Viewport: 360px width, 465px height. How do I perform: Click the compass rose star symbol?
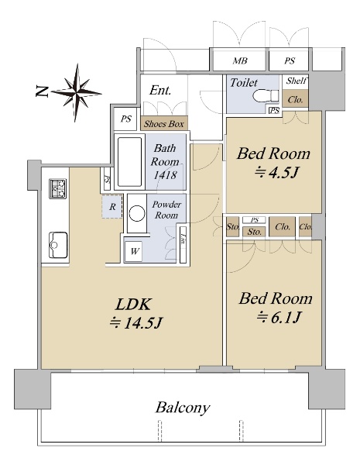77,92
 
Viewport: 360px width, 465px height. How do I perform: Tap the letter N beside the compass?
42,91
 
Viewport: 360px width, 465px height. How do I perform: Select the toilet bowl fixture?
266,96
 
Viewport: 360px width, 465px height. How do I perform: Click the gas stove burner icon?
58,188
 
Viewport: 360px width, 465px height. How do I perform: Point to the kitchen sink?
58,245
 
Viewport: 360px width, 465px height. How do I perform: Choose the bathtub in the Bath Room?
129,162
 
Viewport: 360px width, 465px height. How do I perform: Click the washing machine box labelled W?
134,252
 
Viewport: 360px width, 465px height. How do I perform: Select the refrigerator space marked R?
112,206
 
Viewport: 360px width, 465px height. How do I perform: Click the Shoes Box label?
164,124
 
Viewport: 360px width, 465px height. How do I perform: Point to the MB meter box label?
240,60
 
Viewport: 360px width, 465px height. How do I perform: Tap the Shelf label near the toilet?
297,81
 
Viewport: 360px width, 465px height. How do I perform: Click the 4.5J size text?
276,172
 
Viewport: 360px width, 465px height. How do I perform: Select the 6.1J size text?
279,318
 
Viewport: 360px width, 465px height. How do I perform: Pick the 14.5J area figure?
136,322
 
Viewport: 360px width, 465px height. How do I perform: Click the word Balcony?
183,408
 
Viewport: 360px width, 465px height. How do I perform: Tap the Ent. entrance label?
160,90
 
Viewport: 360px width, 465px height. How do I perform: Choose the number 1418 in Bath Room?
165,175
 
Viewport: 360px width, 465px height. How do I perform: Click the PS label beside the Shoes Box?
126,119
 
